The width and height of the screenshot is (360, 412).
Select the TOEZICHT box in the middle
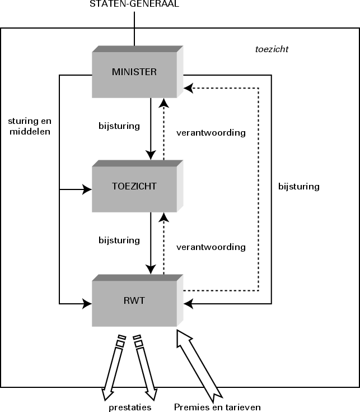tap(134, 187)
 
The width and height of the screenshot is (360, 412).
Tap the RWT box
tap(134, 301)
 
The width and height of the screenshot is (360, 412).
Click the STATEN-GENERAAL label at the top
tap(134, 4)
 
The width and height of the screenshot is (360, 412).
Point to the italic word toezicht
tap(272, 49)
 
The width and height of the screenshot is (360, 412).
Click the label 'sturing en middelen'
tap(29, 127)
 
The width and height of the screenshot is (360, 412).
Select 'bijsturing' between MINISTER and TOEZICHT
tap(119, 126)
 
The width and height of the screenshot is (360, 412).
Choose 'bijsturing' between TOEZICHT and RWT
tap(119, 240)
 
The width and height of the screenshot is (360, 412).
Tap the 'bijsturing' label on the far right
tap(298, 187)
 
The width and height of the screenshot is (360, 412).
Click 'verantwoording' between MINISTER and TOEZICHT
tap(211, 133)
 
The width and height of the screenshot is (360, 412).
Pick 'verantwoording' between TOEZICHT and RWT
tap(211, 247)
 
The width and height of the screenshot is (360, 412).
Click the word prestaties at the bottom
tap(130, 408)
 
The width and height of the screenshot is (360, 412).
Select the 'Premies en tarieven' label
tap(217, 408)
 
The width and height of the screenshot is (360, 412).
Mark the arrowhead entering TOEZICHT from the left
tap(87, 190)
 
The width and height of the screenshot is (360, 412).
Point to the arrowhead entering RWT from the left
tap(87, 304)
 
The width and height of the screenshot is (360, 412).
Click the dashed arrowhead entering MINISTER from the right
tap(189, 87)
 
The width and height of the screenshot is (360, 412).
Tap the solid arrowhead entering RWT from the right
tap(189, 304)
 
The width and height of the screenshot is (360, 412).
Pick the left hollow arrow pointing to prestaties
tap(111, 364)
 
